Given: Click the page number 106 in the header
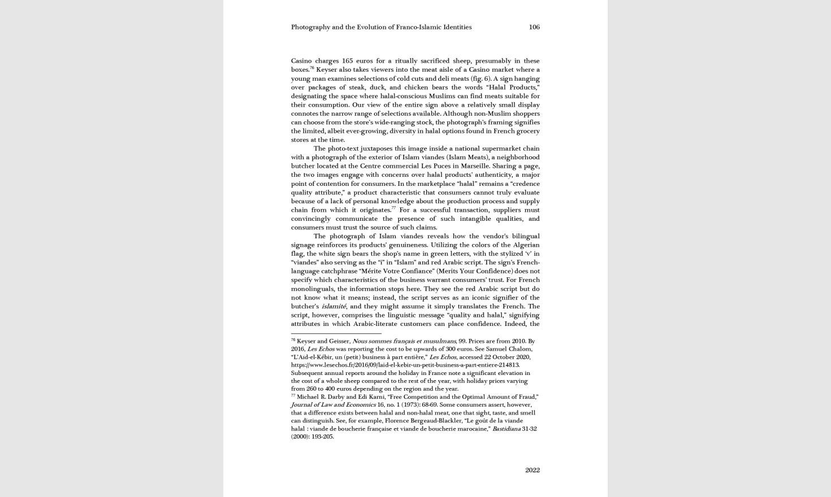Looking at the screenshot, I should [534, 27].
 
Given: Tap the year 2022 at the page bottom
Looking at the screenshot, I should [532, 470].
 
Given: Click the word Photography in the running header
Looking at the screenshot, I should [310, 27].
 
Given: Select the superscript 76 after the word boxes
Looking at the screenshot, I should [311, 68].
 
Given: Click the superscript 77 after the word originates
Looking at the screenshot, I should [393, 208].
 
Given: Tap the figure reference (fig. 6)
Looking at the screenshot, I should [481, 79].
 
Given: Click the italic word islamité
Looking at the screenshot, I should [334, 306].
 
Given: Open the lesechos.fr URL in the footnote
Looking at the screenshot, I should [405, 365].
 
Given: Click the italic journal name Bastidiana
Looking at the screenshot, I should [506, 429].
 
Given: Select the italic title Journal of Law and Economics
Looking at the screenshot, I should [333, 405].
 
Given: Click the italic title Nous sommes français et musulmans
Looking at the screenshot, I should [404, 341].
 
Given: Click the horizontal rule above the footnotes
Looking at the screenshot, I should [336, 333].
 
